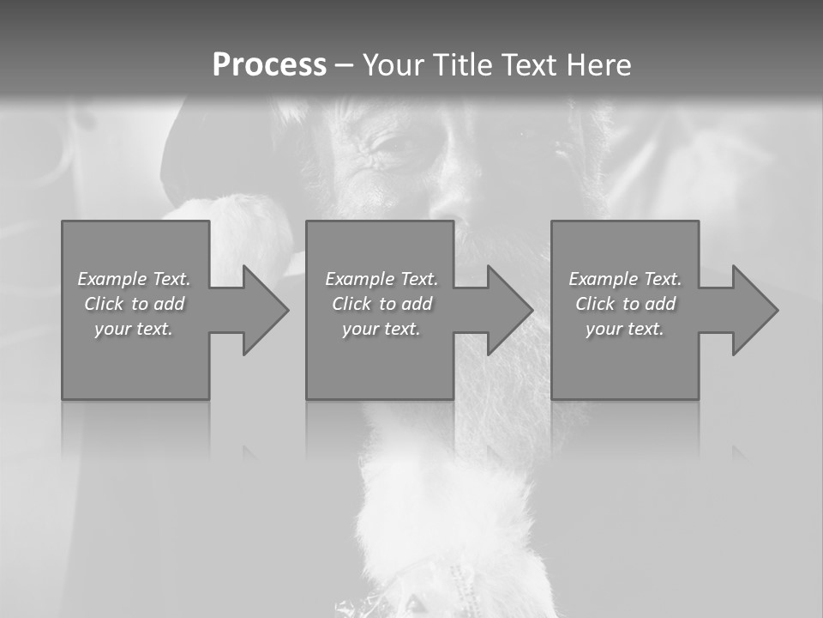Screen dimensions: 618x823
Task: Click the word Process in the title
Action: pos(269,65)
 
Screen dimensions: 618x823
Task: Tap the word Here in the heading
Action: pos(600,65)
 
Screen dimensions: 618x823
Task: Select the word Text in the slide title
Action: pos(532,65)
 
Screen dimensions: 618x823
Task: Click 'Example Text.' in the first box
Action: pos(134,279)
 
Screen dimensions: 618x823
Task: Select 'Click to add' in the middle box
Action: pos(381,304)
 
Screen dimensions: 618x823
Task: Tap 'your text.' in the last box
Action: pos(625,329)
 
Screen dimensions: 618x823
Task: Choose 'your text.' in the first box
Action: pos(134,329)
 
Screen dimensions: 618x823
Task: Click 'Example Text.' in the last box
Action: pos(625,279)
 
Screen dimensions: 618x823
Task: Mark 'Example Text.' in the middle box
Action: pos(381,279)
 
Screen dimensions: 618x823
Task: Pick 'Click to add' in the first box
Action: pos(134,304)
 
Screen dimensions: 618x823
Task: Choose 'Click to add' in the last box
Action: pos(625,304)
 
